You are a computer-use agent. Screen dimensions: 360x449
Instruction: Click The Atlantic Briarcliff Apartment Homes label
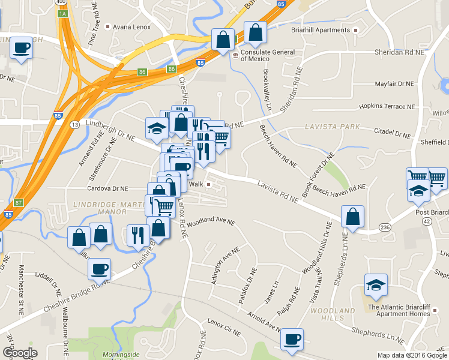click(399, 310)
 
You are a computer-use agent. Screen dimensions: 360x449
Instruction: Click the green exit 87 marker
click(19, 203)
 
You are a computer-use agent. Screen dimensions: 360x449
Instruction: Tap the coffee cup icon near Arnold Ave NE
click(292, 339)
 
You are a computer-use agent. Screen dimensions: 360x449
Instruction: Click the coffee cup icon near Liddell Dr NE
click(99, 268)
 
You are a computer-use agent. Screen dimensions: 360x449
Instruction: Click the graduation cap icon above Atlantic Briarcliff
click(376, 284)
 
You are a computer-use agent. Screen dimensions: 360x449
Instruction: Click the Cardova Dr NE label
click(108, 188)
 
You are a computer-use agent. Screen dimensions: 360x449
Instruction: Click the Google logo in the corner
click(20, 353)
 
